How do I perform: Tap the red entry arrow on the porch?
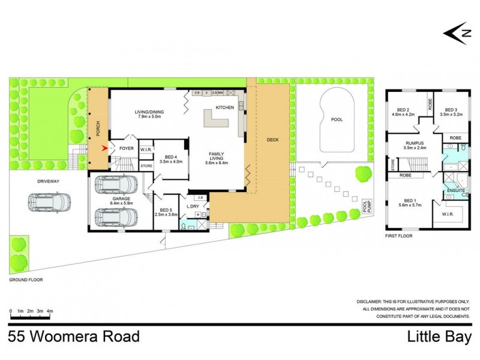106,147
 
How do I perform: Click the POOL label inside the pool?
338,119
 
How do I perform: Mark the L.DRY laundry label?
193,207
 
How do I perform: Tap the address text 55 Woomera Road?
74,336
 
